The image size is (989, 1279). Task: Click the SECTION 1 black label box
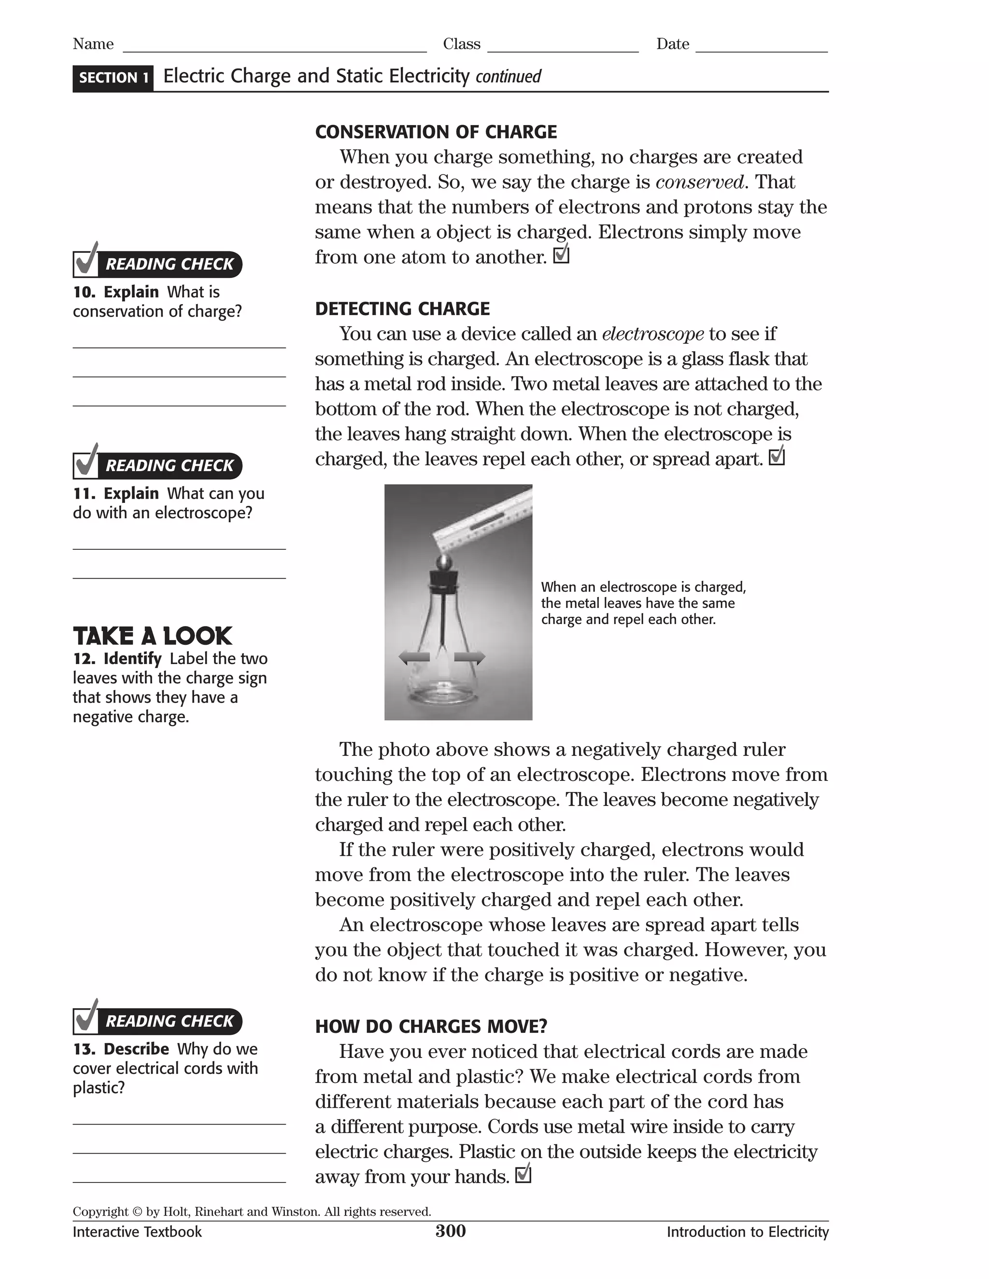tap(113, 78)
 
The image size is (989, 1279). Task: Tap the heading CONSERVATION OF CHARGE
tap(436, 132)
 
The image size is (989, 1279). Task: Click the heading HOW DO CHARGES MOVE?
tap(431, 1026)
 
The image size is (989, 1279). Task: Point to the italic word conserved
tap(700, 182)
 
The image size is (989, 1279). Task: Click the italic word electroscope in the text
tap(653, 334)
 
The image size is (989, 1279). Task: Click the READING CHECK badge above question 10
tap(158, 264)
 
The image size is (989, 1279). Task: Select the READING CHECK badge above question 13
tap(158, 1021)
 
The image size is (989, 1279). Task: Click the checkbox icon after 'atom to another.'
tap(561, 255)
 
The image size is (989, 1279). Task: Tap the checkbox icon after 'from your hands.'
tap(523, 1174)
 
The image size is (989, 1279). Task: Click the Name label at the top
tap(93, 44)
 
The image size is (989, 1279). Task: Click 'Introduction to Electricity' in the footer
tap(747, 1232)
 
